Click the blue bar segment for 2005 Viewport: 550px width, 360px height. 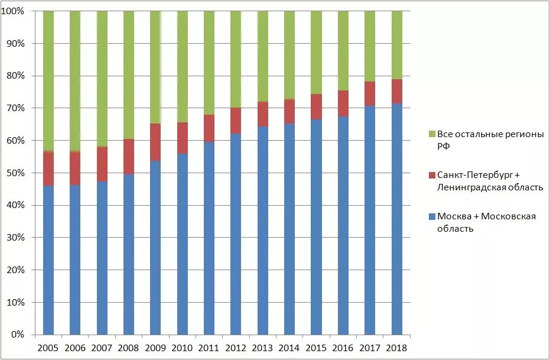48,260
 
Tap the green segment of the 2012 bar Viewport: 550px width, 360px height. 236,59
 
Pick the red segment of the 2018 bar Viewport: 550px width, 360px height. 396,91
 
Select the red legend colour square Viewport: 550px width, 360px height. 431,176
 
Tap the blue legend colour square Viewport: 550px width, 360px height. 431,217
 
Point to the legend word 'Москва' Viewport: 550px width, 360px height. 453,216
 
